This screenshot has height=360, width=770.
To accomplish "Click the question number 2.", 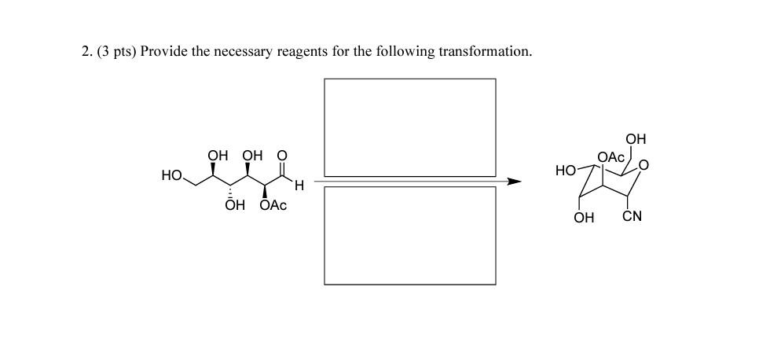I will tap(86, 52).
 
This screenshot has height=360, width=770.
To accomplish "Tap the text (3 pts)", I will tap(116, 52).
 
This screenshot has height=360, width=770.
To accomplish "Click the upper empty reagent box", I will tap(409, 127).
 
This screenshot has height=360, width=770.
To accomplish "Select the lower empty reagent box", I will tap(409, 235).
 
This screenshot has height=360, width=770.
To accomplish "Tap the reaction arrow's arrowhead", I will tap(514, 182).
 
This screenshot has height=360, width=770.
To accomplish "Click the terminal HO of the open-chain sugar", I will tap(172, 175).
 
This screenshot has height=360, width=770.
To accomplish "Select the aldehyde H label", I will tap(299, 186).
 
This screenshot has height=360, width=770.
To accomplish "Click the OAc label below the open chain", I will tap(273, 205).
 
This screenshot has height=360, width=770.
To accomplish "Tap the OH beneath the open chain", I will tap(234, 205).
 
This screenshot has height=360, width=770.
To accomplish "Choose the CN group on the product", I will tap(632, 216).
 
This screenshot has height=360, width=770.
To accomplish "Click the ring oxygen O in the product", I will tap(644, 165).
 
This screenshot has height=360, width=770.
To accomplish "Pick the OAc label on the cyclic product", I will tap(610, 157).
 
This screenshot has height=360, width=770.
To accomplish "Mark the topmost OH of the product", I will tap(636, 139).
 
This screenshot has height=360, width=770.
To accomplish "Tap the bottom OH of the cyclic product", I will tap(584, 217).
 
